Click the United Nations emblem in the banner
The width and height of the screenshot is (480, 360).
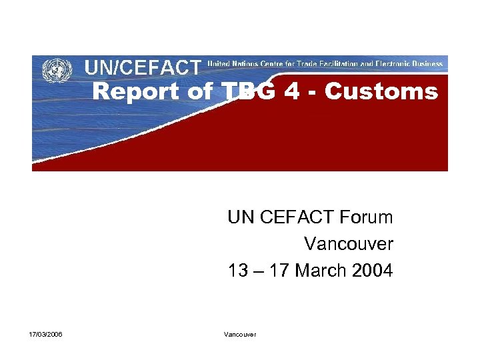(57, 69)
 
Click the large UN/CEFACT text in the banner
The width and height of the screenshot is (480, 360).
(142, 67)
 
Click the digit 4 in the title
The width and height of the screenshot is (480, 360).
(291, 92)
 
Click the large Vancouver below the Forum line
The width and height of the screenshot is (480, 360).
(349, 244)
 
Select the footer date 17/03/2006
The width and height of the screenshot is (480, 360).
(46, 334)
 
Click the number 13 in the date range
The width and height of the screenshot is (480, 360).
(237, 271)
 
